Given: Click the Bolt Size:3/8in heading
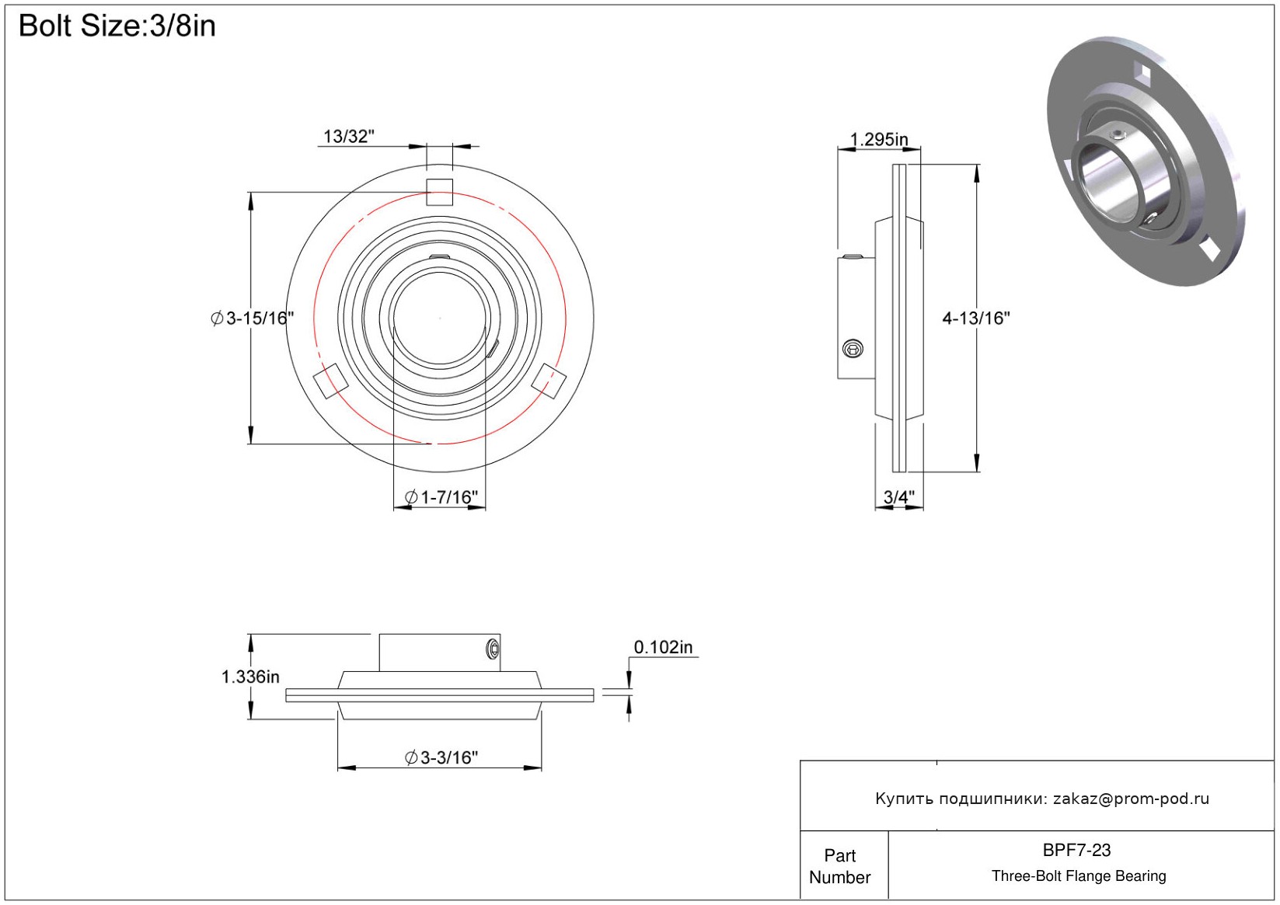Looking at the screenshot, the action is click(x=117, y=26).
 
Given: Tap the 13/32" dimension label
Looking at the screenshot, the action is click(x=349, y=137).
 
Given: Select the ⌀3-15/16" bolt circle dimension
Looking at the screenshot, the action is click(x=252, y=318).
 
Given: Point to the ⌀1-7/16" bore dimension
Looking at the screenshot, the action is click(x=441, y=497).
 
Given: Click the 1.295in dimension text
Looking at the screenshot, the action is click(x=879, y=139).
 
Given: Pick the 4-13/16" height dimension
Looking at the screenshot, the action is click(x=976, y=318).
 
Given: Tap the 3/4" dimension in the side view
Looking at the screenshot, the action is click(x=899, y=497).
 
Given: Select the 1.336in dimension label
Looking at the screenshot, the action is click(x=250, y=677).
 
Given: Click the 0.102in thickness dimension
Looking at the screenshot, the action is click(x=663, y=647).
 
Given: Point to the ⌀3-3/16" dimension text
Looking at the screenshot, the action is click(x=441, y=757).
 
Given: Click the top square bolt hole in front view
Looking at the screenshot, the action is click(x=439, y=192).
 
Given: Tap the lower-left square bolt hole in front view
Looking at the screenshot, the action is click(x=330, y=381).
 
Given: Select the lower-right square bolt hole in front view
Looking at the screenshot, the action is click(x=549, y=381).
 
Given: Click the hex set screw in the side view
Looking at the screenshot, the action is click(x=853, y=349).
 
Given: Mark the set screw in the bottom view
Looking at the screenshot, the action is click(x=493, y=649).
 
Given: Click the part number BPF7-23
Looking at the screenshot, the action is click(x=1076, y=850).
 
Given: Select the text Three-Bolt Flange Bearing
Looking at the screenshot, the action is click(x=1079, y=875).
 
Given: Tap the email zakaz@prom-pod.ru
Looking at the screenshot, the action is click(x=1131, y=799).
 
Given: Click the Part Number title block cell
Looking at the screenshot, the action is click(x=839, y=866).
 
